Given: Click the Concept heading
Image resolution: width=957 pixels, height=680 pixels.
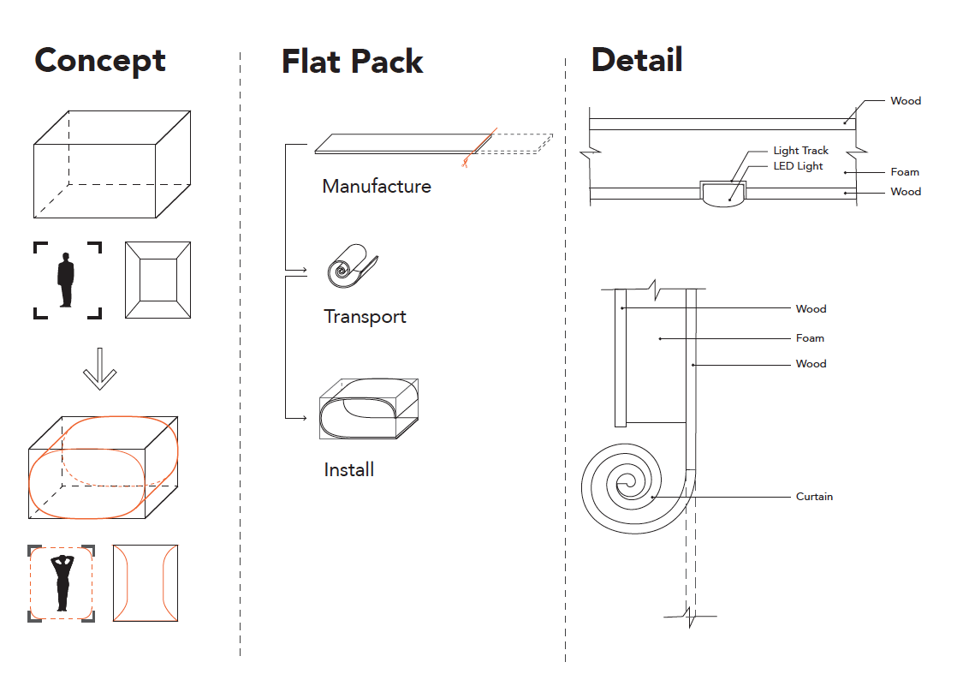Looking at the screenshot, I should (100, 61).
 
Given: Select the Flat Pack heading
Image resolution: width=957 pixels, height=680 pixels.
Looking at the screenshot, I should (352, 62).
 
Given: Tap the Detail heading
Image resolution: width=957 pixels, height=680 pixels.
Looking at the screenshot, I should (637, 60).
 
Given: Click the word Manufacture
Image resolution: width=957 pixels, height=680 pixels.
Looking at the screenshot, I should (377, 186).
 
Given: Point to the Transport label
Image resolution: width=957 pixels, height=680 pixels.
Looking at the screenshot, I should (365, 316).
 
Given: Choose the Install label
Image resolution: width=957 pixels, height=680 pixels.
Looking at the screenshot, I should (348, 469).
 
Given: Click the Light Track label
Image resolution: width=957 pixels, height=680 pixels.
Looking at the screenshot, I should (800, 151).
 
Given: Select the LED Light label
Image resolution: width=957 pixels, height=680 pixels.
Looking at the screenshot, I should (798, 166).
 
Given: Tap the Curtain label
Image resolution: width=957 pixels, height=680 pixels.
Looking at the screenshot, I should (814, 497).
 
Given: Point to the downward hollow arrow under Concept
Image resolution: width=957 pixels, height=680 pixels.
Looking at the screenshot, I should (99, 368).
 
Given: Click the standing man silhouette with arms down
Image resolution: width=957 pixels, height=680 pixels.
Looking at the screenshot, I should (66, 279).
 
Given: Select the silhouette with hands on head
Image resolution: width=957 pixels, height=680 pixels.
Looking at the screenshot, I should (62, 582).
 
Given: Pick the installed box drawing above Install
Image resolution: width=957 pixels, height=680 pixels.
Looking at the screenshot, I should (368, 409).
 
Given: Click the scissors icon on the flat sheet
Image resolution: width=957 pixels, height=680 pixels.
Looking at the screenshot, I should (467, 161).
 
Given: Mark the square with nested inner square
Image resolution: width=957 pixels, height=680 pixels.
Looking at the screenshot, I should (158, 280).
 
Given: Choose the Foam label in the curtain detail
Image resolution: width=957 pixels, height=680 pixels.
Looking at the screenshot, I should (810, 338).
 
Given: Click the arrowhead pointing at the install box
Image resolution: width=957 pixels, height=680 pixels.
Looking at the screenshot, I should (303, 418).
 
